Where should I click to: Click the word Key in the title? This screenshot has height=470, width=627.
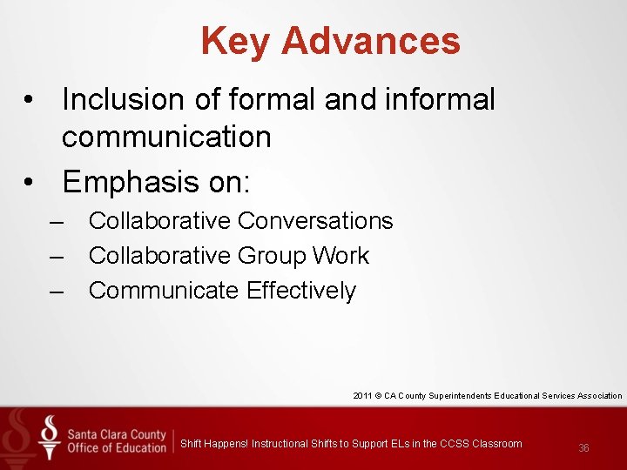pos(235,41)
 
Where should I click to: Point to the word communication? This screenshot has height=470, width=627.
pos(166,137)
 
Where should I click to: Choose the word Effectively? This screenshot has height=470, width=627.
pos(301,291)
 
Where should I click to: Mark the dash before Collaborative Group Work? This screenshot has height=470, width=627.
pos(57,256)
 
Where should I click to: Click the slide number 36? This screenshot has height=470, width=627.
pos(583,448)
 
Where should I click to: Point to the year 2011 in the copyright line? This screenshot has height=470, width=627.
pos(363,396)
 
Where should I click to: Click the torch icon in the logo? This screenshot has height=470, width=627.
pos(50,436)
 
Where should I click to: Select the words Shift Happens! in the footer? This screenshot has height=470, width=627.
pos(213,444)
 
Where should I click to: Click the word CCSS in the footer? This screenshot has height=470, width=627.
pos(455,444)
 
